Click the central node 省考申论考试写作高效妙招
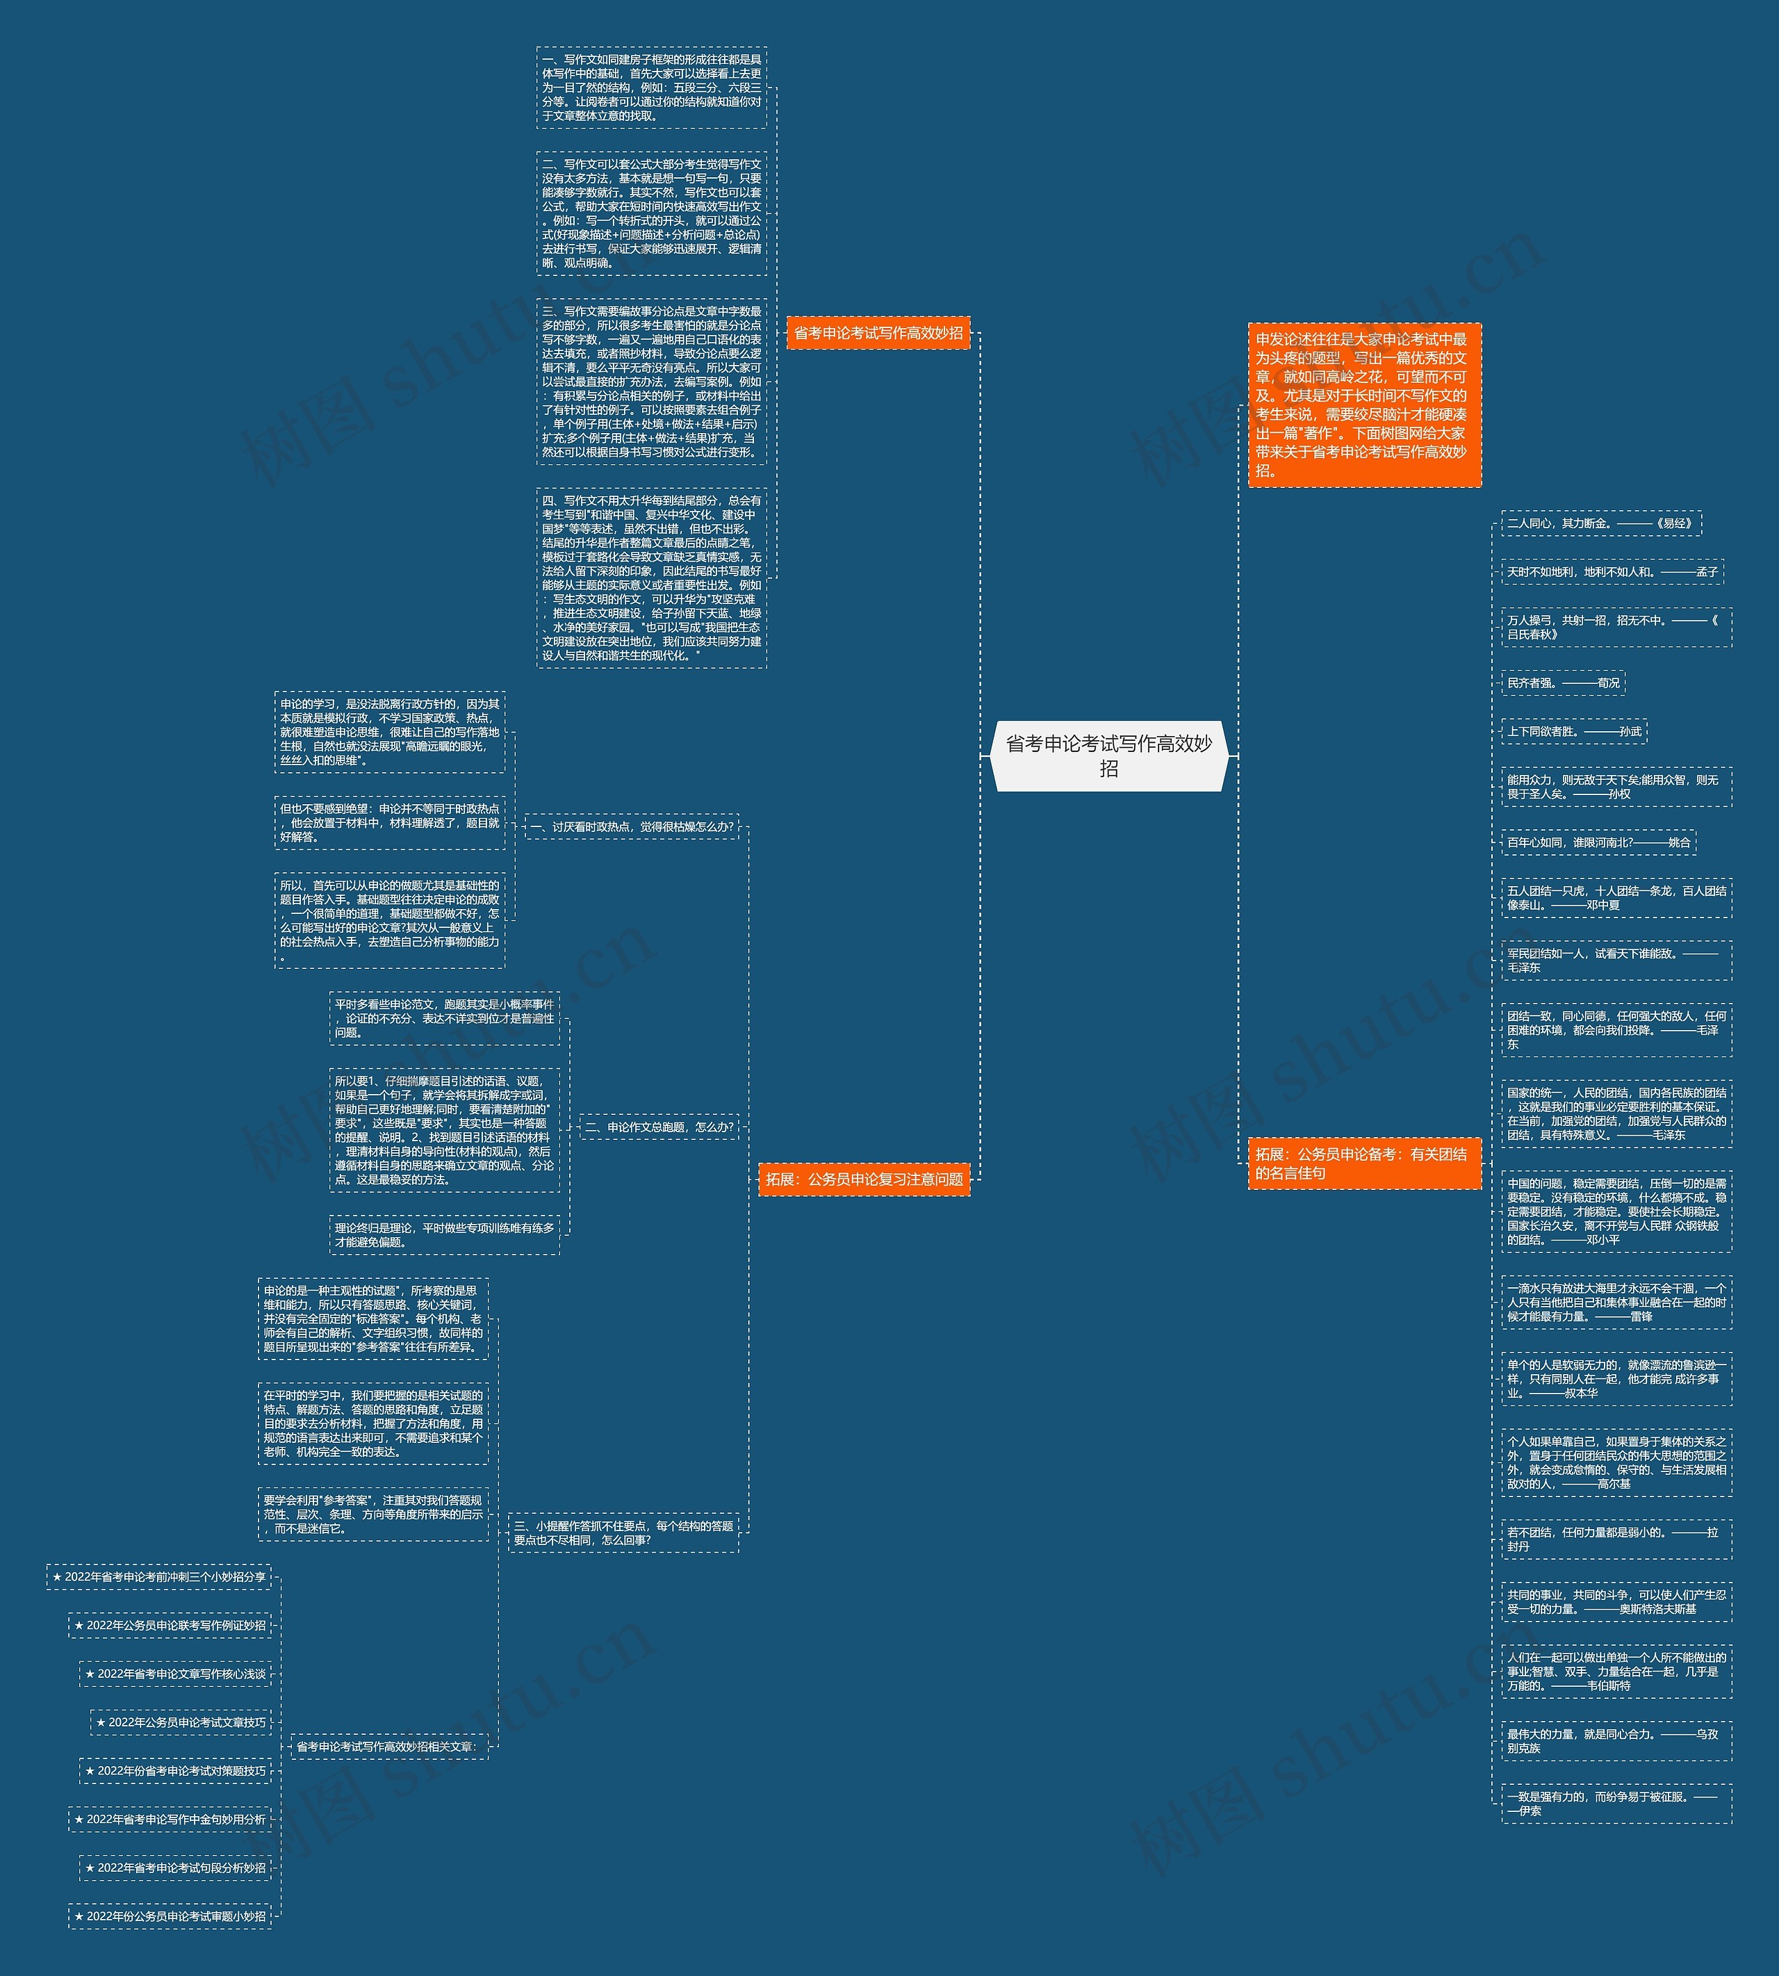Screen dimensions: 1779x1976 [x=1108, y=756]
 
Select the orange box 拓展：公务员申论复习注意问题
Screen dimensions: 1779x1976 [x=864, y=1179]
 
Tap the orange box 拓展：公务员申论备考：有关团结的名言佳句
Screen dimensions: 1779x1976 [x=1363, y=1163]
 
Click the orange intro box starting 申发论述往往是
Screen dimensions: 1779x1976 [x=1363, y=405]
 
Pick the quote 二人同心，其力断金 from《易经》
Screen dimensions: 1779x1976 [x=1601, y=523]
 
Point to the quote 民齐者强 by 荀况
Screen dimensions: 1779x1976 [x=1563, y=683]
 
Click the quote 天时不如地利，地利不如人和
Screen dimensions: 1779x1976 [x=1612, y=572]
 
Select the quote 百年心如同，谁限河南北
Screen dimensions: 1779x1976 [x=1598, y=842]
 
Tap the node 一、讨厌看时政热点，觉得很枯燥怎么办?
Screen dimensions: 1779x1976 [x=632, y=827]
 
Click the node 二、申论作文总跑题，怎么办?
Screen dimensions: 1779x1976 [x=659, y=1127]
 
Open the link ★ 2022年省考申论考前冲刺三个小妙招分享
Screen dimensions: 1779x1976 [x=159, y=1577]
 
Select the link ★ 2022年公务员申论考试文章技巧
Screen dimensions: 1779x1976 [x=181, y=1723]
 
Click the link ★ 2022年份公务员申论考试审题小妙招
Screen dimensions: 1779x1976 [x=170, y=1916]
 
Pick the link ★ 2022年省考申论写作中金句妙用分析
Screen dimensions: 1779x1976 [x=170, y=1820]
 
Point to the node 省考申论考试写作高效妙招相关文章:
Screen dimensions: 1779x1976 [x=384, y=1746]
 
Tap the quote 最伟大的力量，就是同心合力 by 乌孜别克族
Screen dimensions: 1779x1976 [x=1616, y=1741]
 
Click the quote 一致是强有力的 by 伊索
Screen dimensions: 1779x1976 [x=1616, y=1804]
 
